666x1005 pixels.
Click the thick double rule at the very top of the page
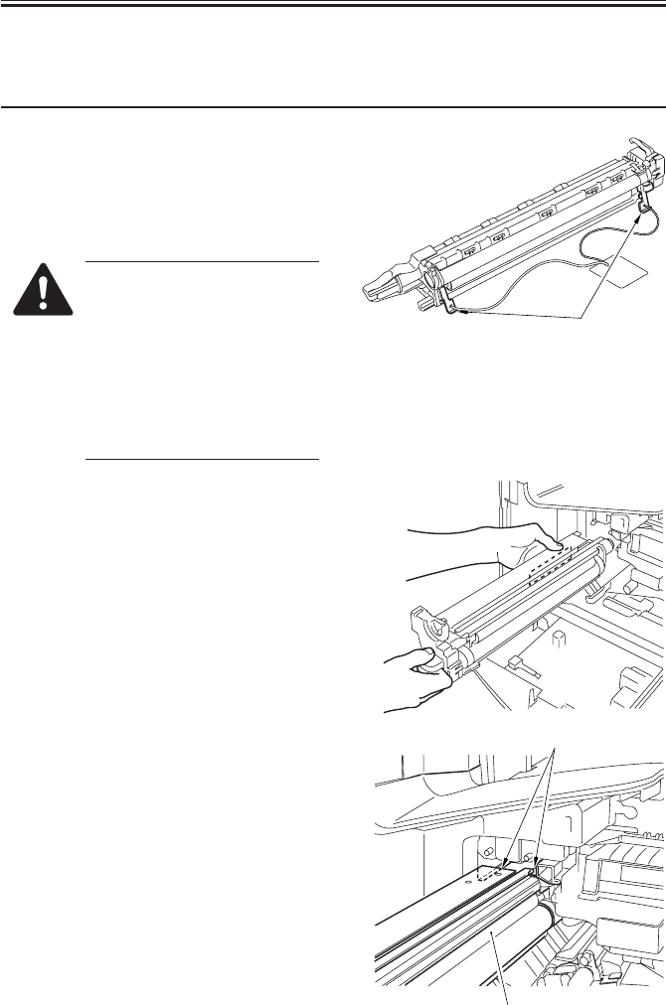pyautogui.click(x=333, y=5)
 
